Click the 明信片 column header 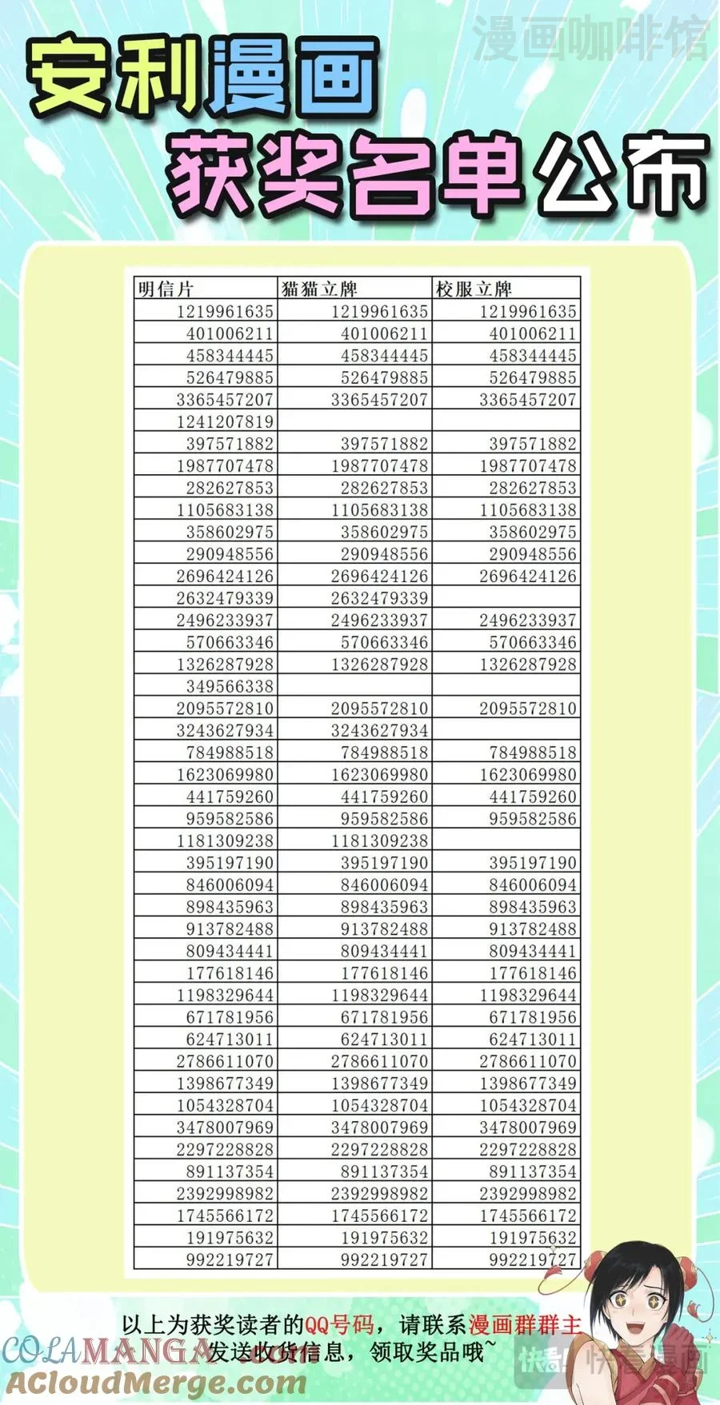point(166,289)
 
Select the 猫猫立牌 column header point(319,289)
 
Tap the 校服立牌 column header point(474,289)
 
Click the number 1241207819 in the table point(225,421)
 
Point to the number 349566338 point(230,686)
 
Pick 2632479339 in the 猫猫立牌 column point(379,598)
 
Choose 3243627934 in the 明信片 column point(225,730)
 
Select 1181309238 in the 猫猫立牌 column point(379,840)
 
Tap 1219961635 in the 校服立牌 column point(528,312)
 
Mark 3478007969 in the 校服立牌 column point(528,1128)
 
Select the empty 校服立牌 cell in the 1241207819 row point(506,421)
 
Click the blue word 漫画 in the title point(293,78)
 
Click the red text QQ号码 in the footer point(339,1325)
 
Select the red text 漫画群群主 point(525,1325)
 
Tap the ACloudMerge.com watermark point(156,1381)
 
